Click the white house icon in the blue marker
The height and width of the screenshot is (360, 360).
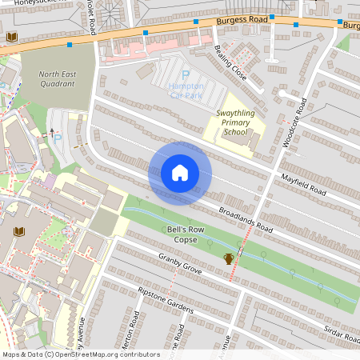click(180, 173)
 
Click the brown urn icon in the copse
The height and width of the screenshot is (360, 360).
click(229, 258)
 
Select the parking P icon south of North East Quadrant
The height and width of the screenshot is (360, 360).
click(57, 137)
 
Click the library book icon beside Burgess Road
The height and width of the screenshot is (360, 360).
click(11, 38)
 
